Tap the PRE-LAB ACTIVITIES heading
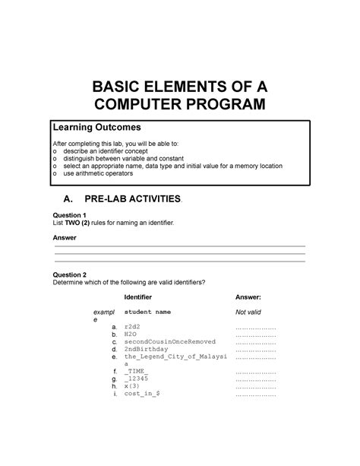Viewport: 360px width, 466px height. click(x=138, y=199)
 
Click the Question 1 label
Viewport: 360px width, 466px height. click(x=67, y=216)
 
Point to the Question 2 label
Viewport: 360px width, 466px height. click(x=67, y=274)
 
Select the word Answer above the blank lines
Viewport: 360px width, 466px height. click(x=64, y=238)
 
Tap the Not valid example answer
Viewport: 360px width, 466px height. click(x=249, y=312)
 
